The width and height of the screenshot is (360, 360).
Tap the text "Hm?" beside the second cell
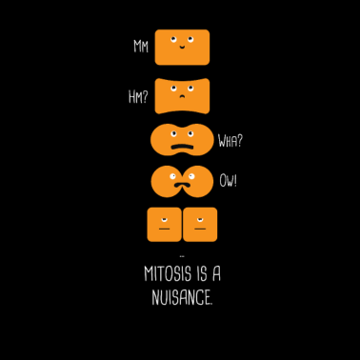[x=138, y=95]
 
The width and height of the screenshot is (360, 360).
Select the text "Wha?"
[x=230, y=141]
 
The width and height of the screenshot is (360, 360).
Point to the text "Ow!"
[x=229, y=180]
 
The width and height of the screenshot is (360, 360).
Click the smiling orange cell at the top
[x=182, y=47]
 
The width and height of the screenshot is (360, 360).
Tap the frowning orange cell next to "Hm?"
[x=182, y=95]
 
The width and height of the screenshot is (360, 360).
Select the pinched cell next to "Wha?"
[x=181, y=140]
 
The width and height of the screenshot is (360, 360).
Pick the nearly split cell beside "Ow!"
[x=181, y=180]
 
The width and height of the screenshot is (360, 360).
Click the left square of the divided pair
[x=164, y=224]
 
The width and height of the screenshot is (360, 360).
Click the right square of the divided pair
[x=199, y=224]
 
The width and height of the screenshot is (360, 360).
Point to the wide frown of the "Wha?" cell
[x=181, y=148]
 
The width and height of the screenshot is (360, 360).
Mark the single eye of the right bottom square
[x=199, y=217]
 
